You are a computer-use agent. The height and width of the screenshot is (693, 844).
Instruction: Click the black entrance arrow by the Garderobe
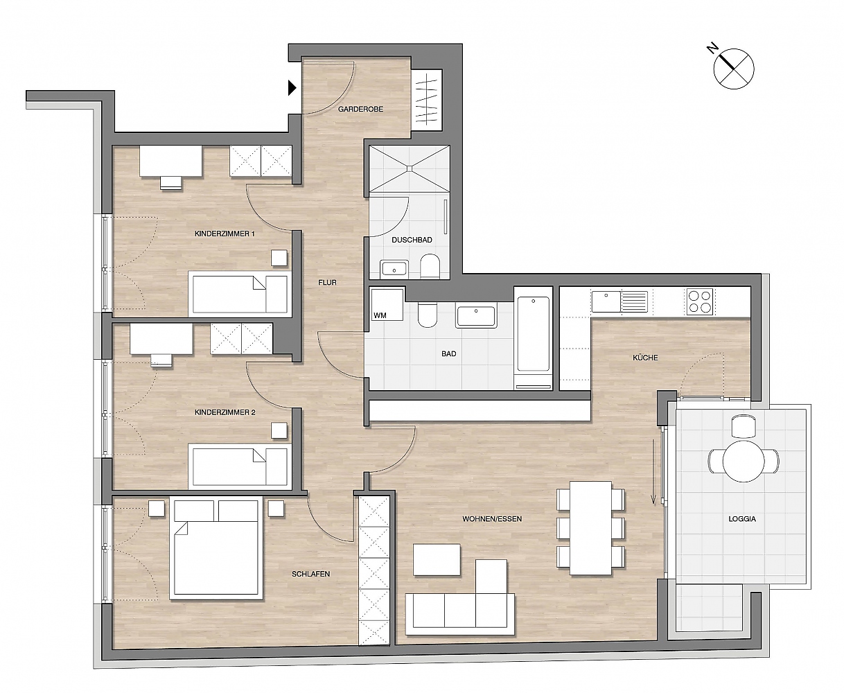[292, 88]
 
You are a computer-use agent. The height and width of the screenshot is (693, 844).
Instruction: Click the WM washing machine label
[380, 315]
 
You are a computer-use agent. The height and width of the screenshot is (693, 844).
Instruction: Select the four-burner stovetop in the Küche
[700, 301]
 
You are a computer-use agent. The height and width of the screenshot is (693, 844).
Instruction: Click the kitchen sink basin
[606, 301]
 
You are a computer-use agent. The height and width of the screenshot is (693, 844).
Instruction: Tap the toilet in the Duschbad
[430, 265]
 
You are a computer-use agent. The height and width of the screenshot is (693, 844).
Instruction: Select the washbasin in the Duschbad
[394, 269]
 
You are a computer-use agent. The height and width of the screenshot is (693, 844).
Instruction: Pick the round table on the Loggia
[743, 461]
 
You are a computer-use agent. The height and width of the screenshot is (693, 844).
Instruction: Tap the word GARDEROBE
[360, 109]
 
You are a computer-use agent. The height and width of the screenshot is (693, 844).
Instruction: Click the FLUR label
[327, 282]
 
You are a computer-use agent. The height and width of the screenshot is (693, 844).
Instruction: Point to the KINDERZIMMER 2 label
[225, 412]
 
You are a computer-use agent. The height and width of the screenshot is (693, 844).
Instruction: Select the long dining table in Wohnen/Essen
[590, 527]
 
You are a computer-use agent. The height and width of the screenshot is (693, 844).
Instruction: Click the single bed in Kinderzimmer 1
[240, 293]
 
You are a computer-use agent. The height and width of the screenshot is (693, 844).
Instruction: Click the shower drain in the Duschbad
[409, 169]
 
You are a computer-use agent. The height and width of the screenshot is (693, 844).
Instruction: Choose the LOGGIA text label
[741, 518]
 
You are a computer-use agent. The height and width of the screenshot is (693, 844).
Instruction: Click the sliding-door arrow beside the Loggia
[653, 471]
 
